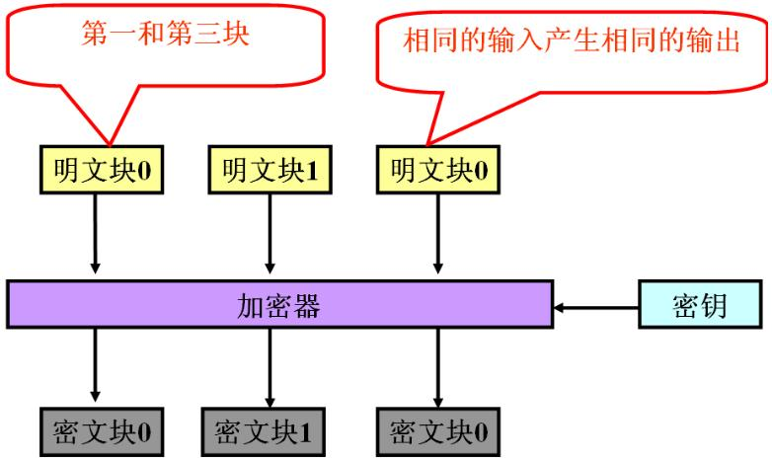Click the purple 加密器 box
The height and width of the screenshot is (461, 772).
(x=279, y=305)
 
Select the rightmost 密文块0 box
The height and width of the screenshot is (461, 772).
(x=437, y=430)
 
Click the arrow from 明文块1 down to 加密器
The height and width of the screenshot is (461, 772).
(x=269, y=232)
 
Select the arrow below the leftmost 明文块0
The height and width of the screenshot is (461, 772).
(x=95, y=232)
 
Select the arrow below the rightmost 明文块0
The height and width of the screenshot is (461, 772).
(x=437, y=232)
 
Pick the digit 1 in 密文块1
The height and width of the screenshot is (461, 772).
(x=307, y=431)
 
